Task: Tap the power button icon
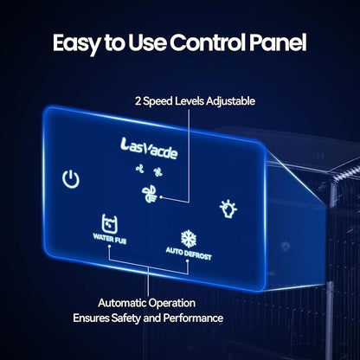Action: click(71, 179)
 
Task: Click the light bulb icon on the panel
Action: click(228, 209)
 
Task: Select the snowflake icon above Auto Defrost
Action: click(189, 239)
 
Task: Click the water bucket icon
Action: click(110, 223)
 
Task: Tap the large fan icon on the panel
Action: click(150, 194)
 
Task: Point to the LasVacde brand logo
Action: click(149, 148)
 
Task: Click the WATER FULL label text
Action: click(110, 239)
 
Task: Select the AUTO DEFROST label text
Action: click(189, 254)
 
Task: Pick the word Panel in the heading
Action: click(278, 42)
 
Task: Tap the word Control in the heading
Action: click(208, 42)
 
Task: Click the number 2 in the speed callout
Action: click(138, 101)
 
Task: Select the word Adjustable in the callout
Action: click(230, 101)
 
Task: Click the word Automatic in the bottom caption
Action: click(122, 303)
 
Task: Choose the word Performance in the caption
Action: click(193, 318)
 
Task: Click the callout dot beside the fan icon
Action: click(161, 197)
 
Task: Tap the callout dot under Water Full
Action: click(109, 246)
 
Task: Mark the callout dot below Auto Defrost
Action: click(188, 260)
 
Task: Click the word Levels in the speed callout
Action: click(190, 101)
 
